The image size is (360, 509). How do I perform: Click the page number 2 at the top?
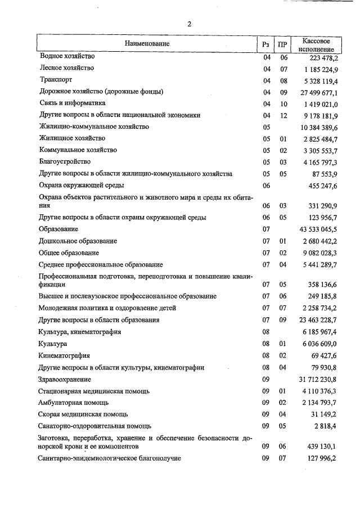point(190,24)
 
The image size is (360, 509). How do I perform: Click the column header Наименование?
point(147,43)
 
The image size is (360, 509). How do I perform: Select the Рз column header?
point(267,44)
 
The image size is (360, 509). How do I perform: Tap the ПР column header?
point(283,44)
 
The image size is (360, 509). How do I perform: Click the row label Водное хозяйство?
point(67,56)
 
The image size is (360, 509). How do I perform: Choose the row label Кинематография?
point(64,356)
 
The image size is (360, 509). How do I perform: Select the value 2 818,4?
point(325,426)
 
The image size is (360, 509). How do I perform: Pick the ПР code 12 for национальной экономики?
point(283,115)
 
